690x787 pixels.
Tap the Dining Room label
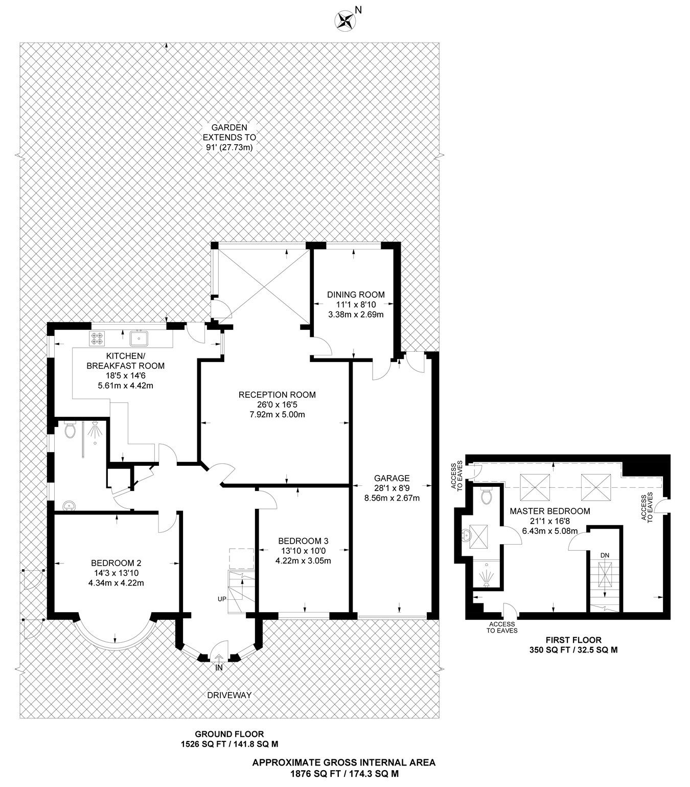[x=356, y=295]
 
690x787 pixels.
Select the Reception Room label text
[x=277, y=395]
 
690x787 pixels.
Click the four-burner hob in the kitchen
[x=97, y=338]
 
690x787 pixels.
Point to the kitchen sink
[x=139, y=338]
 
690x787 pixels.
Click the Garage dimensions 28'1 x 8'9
[x=392, y=488]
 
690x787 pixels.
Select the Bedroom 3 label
[x=303, y=541]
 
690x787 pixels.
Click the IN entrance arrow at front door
[x=219, y=660]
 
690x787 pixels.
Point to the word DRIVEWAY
[x=229, y=695]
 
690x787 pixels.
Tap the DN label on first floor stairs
[x=605, y=555]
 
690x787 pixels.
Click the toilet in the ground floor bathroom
[x=71, y=431]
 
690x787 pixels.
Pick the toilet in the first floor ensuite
[x=486, y=495]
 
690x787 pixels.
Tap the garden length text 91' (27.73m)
[x=229, y=147]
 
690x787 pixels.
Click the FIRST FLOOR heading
[x=573, y=640]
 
